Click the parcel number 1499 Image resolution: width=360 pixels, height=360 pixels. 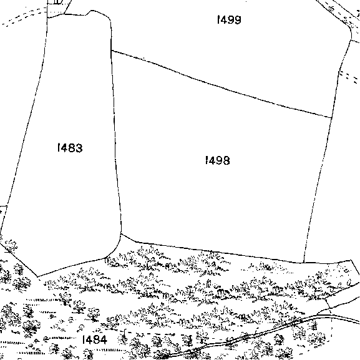pyautogui.click(x=229, y=20)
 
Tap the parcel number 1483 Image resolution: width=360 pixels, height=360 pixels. pyautogui.click(x=70, y=148)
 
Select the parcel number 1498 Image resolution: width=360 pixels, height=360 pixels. pyautogui.click(x=217, y=160)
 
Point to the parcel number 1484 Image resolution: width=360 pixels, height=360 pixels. pyautogui.click(x=94, y=339)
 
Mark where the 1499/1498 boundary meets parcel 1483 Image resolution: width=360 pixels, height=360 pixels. pyautogui.click(x=111, y=51)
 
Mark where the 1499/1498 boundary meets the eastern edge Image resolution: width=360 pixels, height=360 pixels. pyautogui.click(x=332, y=118)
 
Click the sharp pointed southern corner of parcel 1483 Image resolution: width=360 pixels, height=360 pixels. pyautogui.click(x=37, y=276)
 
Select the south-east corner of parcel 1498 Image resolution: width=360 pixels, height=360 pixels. pyautogui.click(x=304, y=263)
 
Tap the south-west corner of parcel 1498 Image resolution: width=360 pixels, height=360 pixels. pyautogui.click(x=121, y=234)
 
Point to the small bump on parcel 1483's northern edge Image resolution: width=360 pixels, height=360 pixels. pyautogui.click(x=92, y=11)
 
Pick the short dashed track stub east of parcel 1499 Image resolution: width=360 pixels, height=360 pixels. pyautogui.click(x=349, y=77)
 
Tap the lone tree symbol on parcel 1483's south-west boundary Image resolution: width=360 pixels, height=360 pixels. pyautogui.click(x=11, y=246)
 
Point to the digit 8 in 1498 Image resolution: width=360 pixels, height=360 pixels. pyautogui.click(x=226, y=160)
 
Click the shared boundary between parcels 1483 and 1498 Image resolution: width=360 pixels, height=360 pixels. pyautogui.click(x=115, y=142)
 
